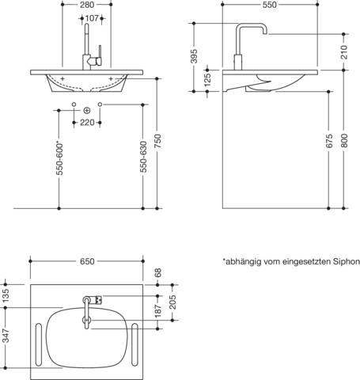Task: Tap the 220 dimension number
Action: (87, 123)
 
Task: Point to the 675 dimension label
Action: (329, 145)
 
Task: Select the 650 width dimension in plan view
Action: (87, 260)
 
